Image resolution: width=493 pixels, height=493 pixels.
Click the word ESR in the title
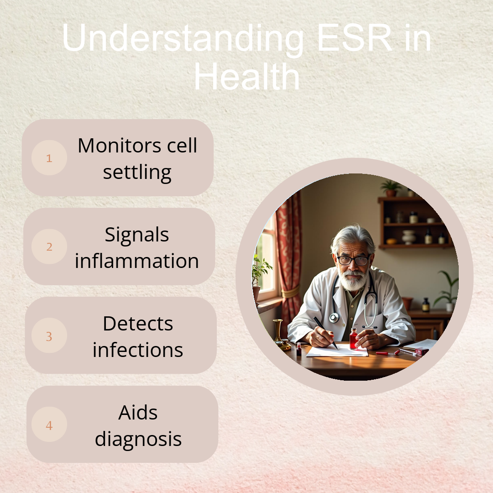(x=355, y=38)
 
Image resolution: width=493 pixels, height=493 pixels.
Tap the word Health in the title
(x=247, y=77)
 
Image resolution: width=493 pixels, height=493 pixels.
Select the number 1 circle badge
(x=49, y=157)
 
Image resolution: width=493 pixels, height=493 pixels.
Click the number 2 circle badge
(x=49, y=246)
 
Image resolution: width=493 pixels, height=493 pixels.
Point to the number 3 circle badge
(x=49, y=336)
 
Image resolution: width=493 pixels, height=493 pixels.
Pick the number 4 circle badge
(x=49, y=425)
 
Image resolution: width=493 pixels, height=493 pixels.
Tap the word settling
(x=137, y=172)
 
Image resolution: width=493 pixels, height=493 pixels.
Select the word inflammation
(x=137, y=261)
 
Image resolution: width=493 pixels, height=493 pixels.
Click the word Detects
(x=138, y=324)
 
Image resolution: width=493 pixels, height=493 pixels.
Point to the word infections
(x=138, y=350)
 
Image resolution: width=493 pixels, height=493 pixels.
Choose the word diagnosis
(x=138, y=439)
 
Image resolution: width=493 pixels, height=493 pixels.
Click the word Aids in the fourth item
(x=138, y=413)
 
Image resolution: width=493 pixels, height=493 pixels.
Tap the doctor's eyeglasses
(x=353, y=260)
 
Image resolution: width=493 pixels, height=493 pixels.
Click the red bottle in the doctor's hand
(x=354, y=339)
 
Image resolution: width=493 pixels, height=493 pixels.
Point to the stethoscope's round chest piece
(x=334, y=318)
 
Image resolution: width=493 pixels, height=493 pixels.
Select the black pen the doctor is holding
(x=326, y=333)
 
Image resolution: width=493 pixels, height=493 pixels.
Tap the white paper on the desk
(x=337, y=351)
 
